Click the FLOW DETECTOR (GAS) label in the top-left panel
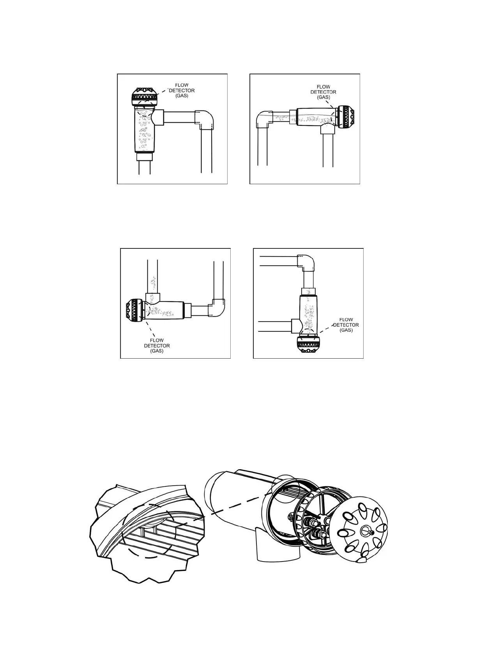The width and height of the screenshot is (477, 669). (x=182, y=90)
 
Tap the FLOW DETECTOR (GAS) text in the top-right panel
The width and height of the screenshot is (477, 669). (x=323, y=92)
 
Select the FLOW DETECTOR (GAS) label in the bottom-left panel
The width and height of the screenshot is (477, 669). (x=157, y=345)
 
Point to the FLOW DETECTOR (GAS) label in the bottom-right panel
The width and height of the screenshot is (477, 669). (x=346, y=325)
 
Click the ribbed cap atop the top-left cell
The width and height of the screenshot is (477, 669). (x=145, y=95)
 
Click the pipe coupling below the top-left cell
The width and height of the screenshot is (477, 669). (x=145, y=157)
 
